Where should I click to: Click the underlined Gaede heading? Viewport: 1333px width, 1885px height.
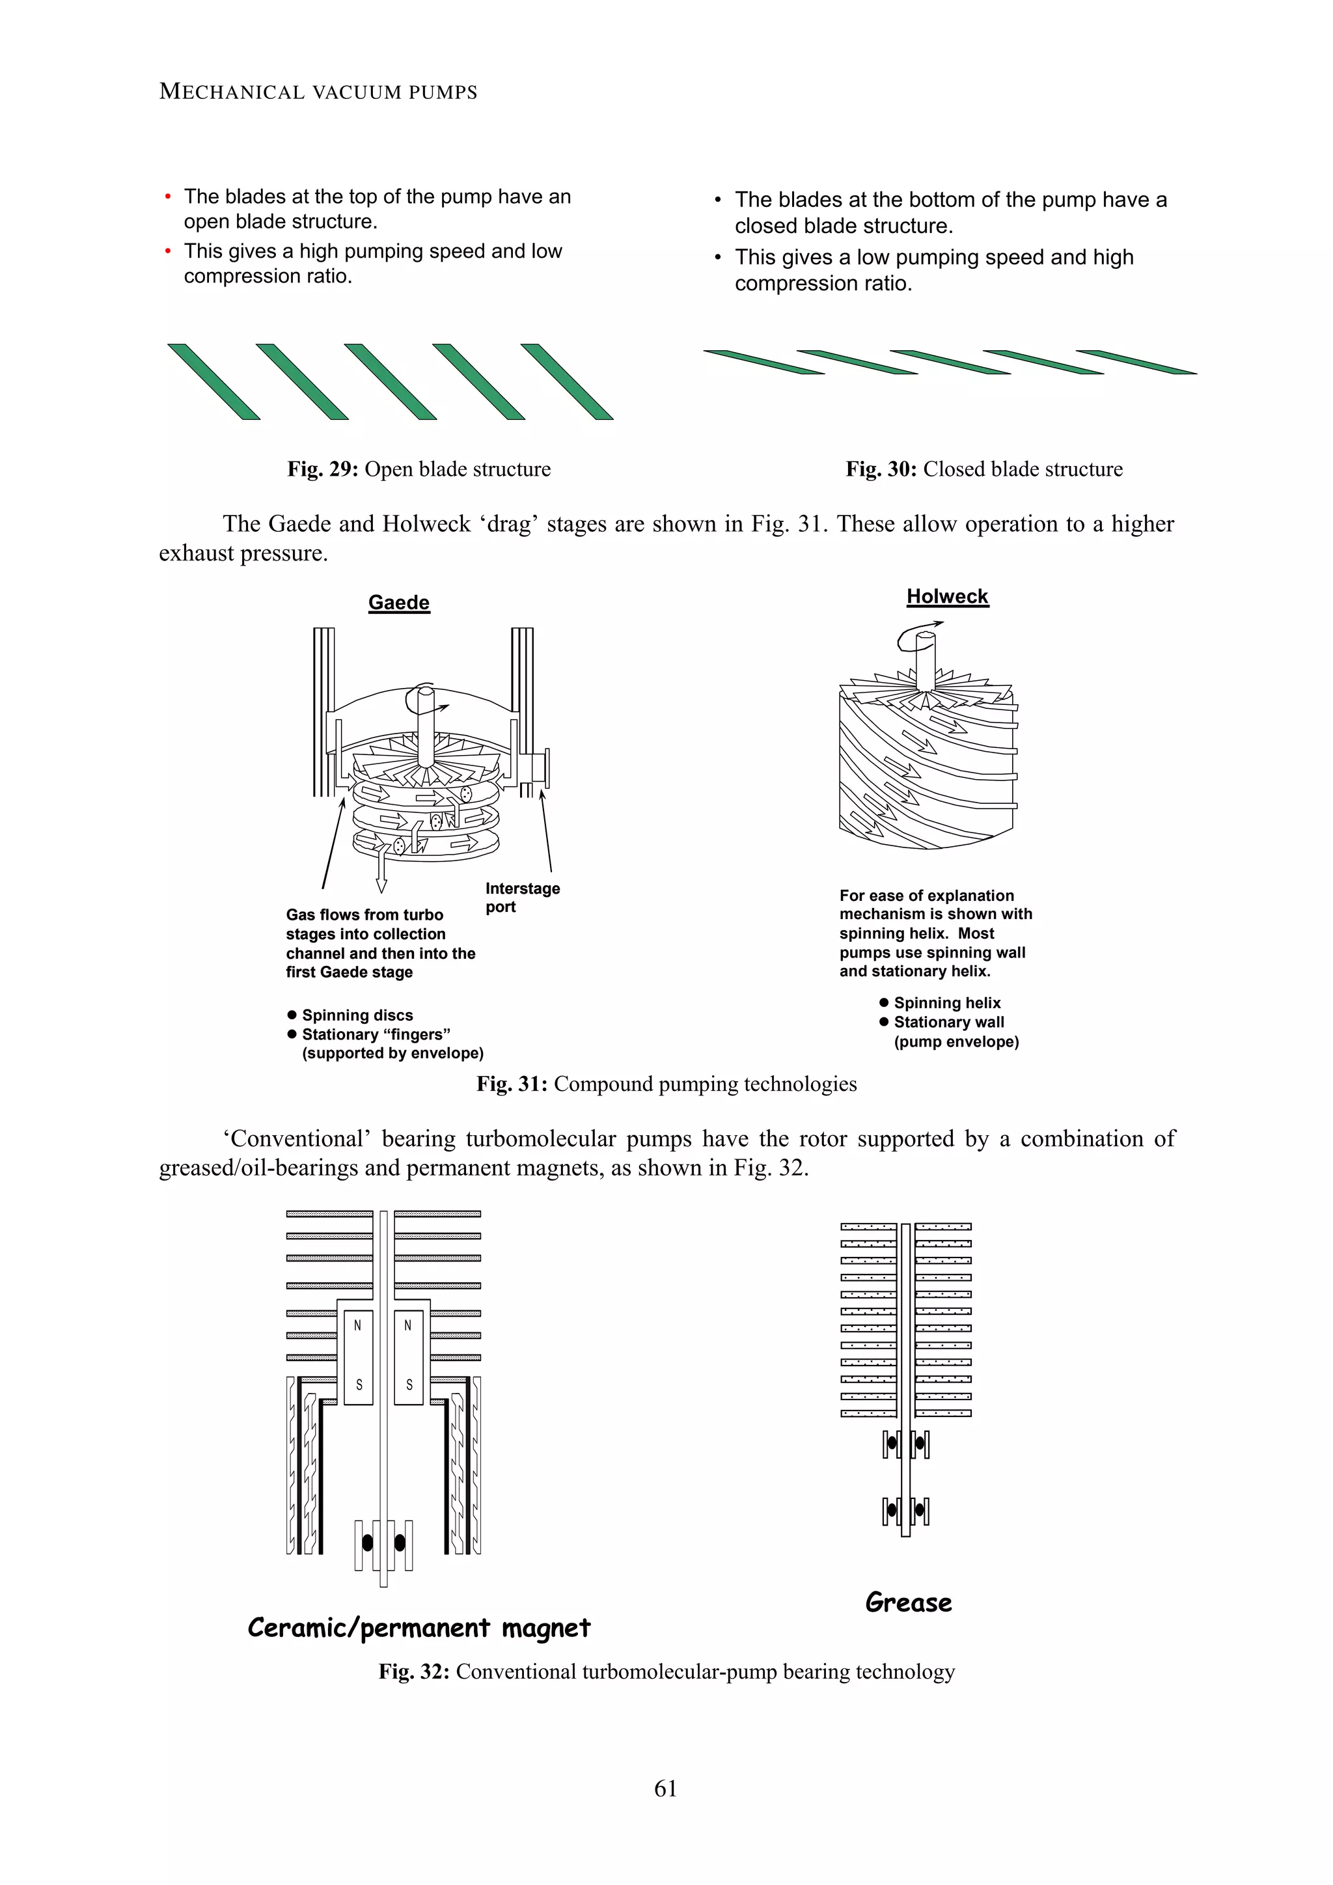point(398,602)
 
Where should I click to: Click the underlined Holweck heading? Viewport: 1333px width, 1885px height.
point(946,596)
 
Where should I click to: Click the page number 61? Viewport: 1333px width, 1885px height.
point(666,1787)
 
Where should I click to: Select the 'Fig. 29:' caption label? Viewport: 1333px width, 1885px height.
point(323,469)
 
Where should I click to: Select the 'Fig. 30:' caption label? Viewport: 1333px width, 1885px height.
point(881,469)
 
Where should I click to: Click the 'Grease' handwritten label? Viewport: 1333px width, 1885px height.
point(909,1602)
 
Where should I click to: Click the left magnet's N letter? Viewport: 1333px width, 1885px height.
point(357,1325)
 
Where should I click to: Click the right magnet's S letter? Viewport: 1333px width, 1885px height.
point(409,1384)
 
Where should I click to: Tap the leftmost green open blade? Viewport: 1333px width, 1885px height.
point(213,382)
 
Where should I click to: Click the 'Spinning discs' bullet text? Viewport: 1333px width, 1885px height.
point(357,1015)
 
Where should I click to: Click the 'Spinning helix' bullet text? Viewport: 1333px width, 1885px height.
point(946,1002)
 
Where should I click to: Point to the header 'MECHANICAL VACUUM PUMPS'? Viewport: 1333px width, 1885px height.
point(318,91)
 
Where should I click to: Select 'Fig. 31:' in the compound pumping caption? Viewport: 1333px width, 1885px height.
point(512,1084)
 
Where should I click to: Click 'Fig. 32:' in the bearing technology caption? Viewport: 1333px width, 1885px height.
point(414,1672)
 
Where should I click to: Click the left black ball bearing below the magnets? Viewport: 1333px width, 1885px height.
point(367,1543)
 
